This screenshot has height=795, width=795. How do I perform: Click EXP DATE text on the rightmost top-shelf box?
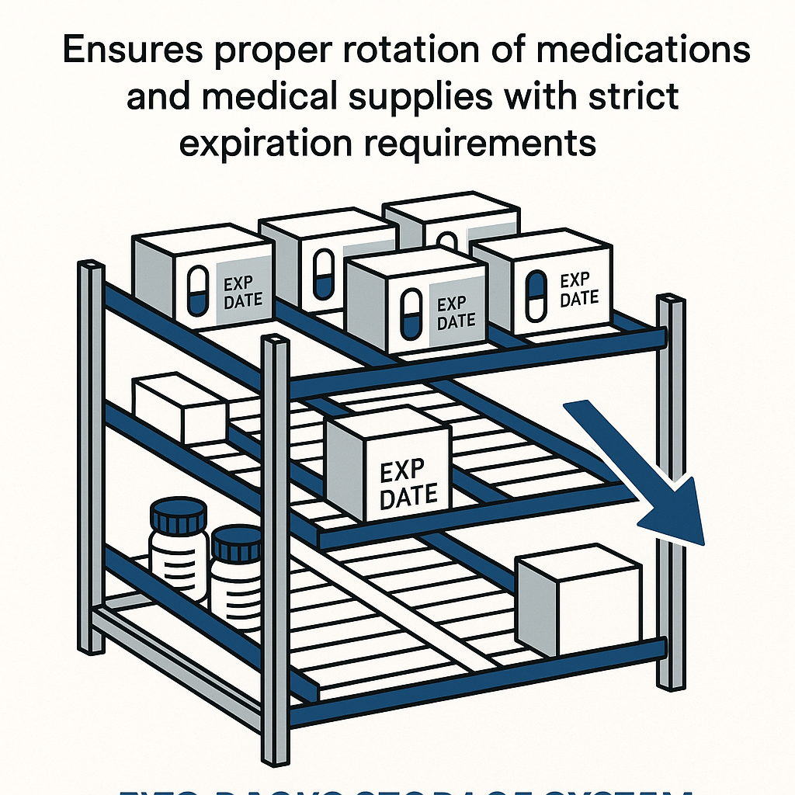click(x=579, y=290)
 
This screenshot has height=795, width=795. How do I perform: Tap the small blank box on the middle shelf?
click(x=180, y=408)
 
